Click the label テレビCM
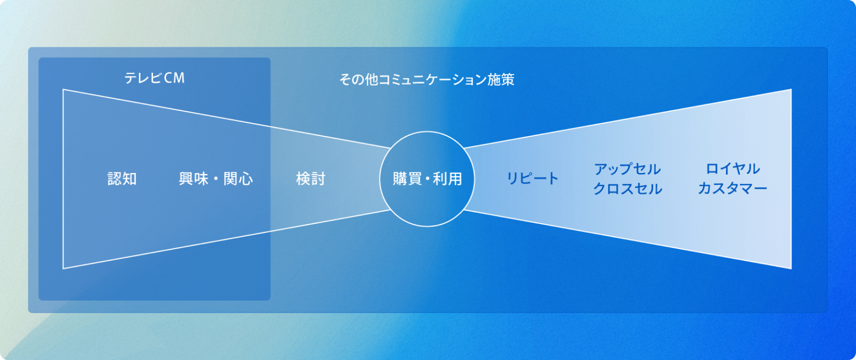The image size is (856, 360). (x=154, y=78)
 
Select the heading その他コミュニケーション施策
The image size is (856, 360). (x=427, y=79)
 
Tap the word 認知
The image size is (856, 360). (x=122, y=178)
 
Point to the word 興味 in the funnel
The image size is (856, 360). (x=193, y=178)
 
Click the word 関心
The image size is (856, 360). (x=238, y=178)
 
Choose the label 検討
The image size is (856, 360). (x=310, y=178)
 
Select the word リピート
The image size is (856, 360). (x=532, y=178)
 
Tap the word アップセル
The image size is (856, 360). (x=627, y=169)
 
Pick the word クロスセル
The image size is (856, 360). (x=627, y=189)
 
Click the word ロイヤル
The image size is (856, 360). (x=732, y=168)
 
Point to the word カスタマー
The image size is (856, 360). (x=732, y=188)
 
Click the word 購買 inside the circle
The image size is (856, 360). (x=407, y=179)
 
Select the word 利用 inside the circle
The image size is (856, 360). (x=447, y=179)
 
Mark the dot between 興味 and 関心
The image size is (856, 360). (x=216, y=179)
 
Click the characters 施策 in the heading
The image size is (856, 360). (x=501, y=79)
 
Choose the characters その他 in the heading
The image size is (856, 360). (x=359, y=79)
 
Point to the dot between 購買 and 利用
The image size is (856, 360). (x=427, y=179)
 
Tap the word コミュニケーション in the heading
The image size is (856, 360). (x=433, y=79)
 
